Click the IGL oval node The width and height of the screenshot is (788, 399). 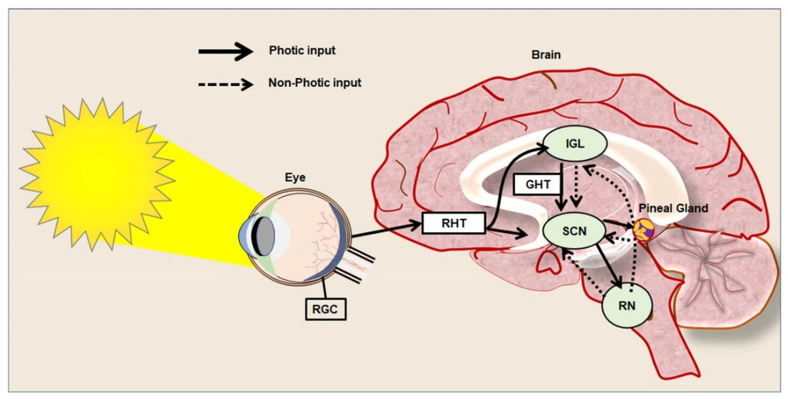[575, 143]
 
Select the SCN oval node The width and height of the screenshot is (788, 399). [574, 231]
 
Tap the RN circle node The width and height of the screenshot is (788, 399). [627, 306]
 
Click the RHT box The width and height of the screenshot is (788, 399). [454, 223]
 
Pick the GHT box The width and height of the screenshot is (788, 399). [538, 184]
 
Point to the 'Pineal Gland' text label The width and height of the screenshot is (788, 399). [673, 208]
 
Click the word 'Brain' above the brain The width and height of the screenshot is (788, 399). [546, 55]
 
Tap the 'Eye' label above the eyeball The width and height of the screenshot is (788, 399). [295, 177]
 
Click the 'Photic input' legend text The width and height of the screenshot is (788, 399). [302, 50]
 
